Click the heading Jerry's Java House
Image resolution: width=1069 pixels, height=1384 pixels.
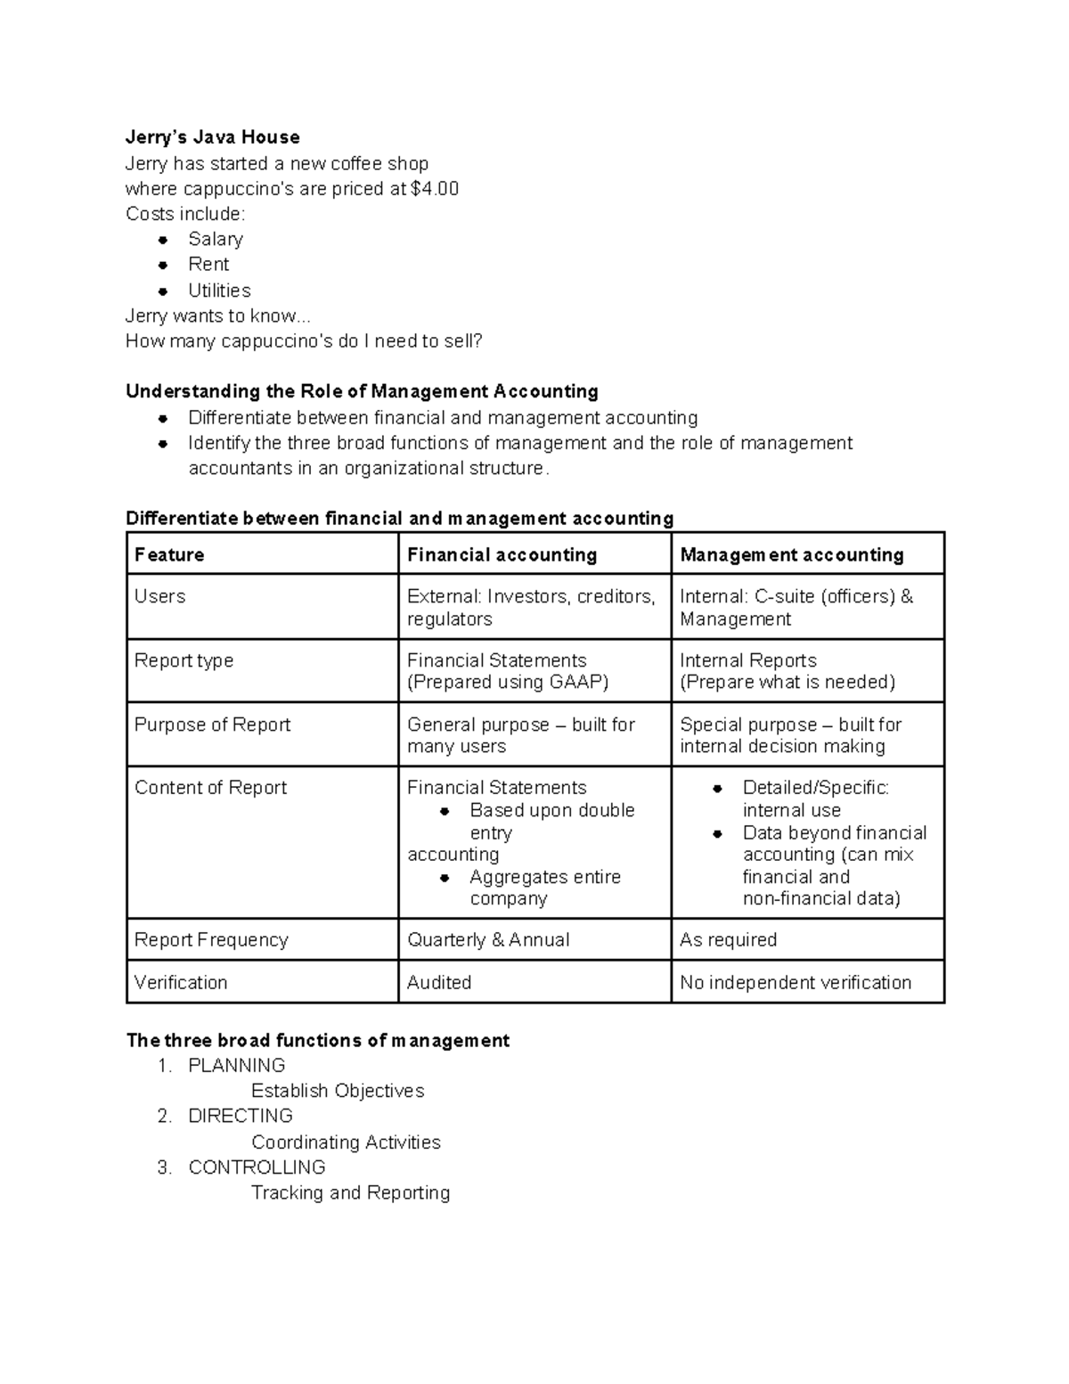click(x=212, y=137)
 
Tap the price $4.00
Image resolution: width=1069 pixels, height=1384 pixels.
click(x=435, y=189)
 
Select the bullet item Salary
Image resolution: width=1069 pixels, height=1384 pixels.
click(x=216, y=239)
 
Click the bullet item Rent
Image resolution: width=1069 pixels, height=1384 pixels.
click(x=208, y=265)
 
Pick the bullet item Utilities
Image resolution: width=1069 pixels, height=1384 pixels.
click(x=219, y=291)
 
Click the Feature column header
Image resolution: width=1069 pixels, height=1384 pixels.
click(x=169, y=555)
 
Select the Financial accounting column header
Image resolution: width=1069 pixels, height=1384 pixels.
click(x=502, y=555)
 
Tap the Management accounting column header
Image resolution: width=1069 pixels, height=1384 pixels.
click(x=791, y=555)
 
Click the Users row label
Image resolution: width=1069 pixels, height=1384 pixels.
click(x=159, y=596)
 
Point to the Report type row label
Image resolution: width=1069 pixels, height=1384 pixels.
click(x=184, y=660)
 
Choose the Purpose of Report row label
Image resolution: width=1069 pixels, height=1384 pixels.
click(x=212, y=725)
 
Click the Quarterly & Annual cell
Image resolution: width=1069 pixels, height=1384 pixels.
click(x=488, y=940)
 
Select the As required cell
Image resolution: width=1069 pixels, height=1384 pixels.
click(x=728, y=940)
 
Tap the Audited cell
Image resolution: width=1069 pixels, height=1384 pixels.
click(x=439, y=983)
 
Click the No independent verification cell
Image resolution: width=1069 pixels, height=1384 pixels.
click(x=795, y=983)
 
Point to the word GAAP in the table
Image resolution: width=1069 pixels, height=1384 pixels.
click(x=576, y=683)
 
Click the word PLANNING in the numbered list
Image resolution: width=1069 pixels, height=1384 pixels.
click(x=237, y=1066)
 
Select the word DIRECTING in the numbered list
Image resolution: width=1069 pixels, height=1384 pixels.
click(x=241, y=1117)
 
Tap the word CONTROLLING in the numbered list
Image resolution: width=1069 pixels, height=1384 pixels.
click(x=257, y=1167)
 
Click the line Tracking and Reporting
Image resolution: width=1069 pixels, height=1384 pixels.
click(x=350, y=1193)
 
